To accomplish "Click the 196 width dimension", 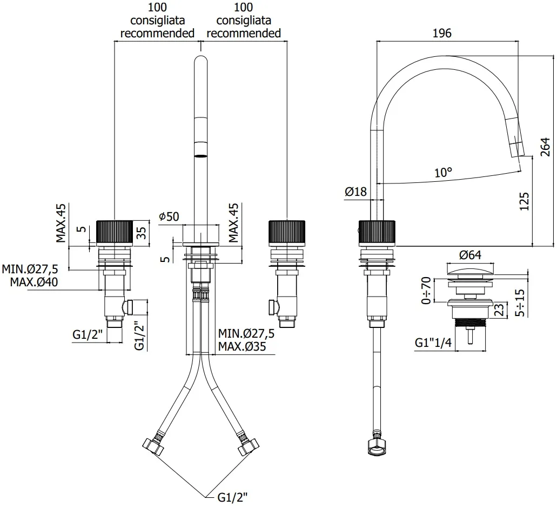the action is (442, 33).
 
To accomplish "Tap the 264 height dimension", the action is (545, 147).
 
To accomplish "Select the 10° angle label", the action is (444, 173).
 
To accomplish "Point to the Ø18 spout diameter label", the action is (355, 192).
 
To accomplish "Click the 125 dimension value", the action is (524, 201).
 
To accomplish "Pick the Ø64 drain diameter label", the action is (470, 255).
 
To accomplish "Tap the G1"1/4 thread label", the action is (433, 343).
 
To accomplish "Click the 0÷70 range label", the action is (426, 291).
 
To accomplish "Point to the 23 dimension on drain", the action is (499, 309).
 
